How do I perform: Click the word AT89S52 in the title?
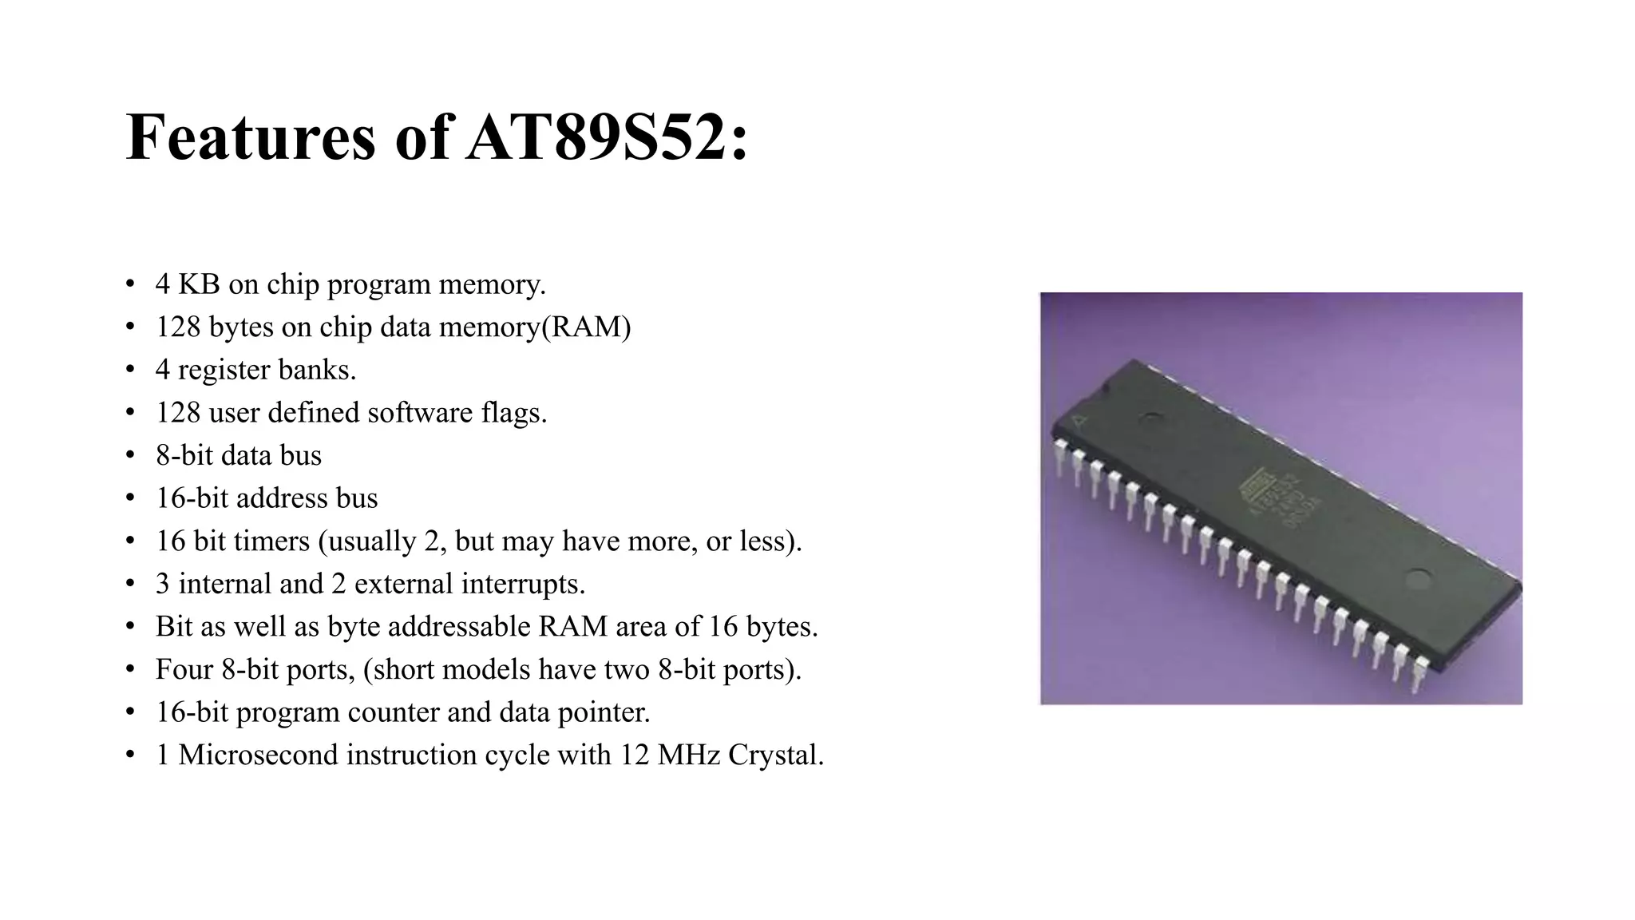tap(608, 137)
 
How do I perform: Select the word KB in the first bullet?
tap(199, 284)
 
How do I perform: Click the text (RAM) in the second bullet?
tap(587, 327)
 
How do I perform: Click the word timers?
tap(272, 541)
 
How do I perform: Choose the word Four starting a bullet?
tap(184, 669)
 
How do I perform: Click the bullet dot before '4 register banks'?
tap(130, 370)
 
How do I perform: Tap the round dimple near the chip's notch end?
tap(1151, 417)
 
